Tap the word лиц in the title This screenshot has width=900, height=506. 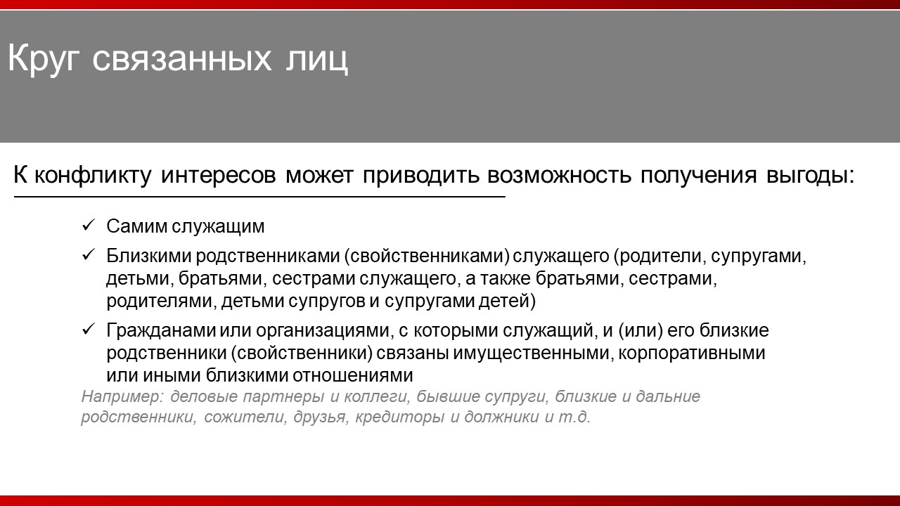[x=317, y=60]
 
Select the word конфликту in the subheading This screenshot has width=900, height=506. [x=93, y=176]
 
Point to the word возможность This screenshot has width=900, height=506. [x=559, y=176]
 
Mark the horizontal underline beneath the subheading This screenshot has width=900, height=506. [x=259, y=197]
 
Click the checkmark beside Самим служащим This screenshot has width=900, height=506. [x=88, y=225]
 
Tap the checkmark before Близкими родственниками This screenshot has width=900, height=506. [x=88, y=254]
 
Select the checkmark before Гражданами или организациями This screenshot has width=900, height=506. [x=88, y=329]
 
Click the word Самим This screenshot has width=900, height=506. [x=136, y=226]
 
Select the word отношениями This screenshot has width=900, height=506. [x=353, y=375]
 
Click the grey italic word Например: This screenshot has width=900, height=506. [x=122, y=396]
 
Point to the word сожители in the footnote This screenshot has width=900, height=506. [x=245, y=417]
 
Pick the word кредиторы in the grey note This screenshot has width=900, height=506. [x=400, y=417]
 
